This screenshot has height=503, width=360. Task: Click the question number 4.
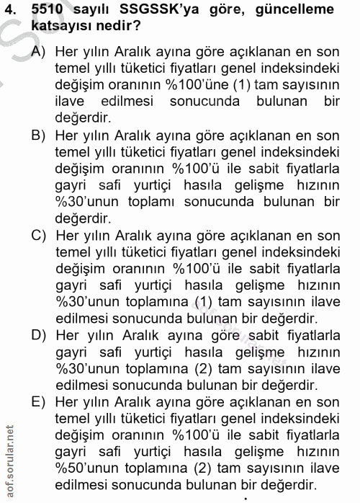click(11, 12)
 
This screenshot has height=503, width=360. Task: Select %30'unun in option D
click(89, 369)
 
